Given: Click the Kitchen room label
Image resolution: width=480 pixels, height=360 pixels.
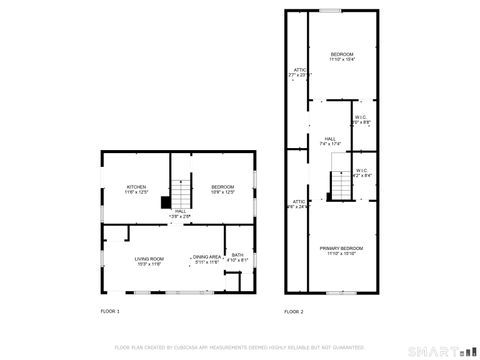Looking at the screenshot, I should (137, 188).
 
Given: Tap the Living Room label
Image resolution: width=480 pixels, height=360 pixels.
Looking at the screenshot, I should (149, 261).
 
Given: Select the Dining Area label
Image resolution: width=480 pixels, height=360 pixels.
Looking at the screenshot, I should (207, 259).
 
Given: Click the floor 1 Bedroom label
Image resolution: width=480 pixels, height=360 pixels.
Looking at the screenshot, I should (222, 188).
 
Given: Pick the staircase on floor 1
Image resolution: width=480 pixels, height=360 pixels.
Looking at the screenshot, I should (181, 190).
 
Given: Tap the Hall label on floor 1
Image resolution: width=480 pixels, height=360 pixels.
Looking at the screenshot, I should (181, 212).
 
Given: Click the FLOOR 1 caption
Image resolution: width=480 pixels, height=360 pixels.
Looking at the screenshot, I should (110, 312).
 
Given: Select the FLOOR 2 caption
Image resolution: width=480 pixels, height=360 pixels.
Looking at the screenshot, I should (293, 312).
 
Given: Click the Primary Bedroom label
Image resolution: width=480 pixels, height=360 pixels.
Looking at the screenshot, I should (341, 250).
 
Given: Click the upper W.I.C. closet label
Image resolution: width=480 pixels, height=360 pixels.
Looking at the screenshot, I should (361, 119).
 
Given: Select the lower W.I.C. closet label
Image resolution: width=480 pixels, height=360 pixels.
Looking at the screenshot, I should (361, 173).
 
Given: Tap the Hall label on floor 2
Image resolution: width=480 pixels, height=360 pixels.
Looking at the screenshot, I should (329, 141).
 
